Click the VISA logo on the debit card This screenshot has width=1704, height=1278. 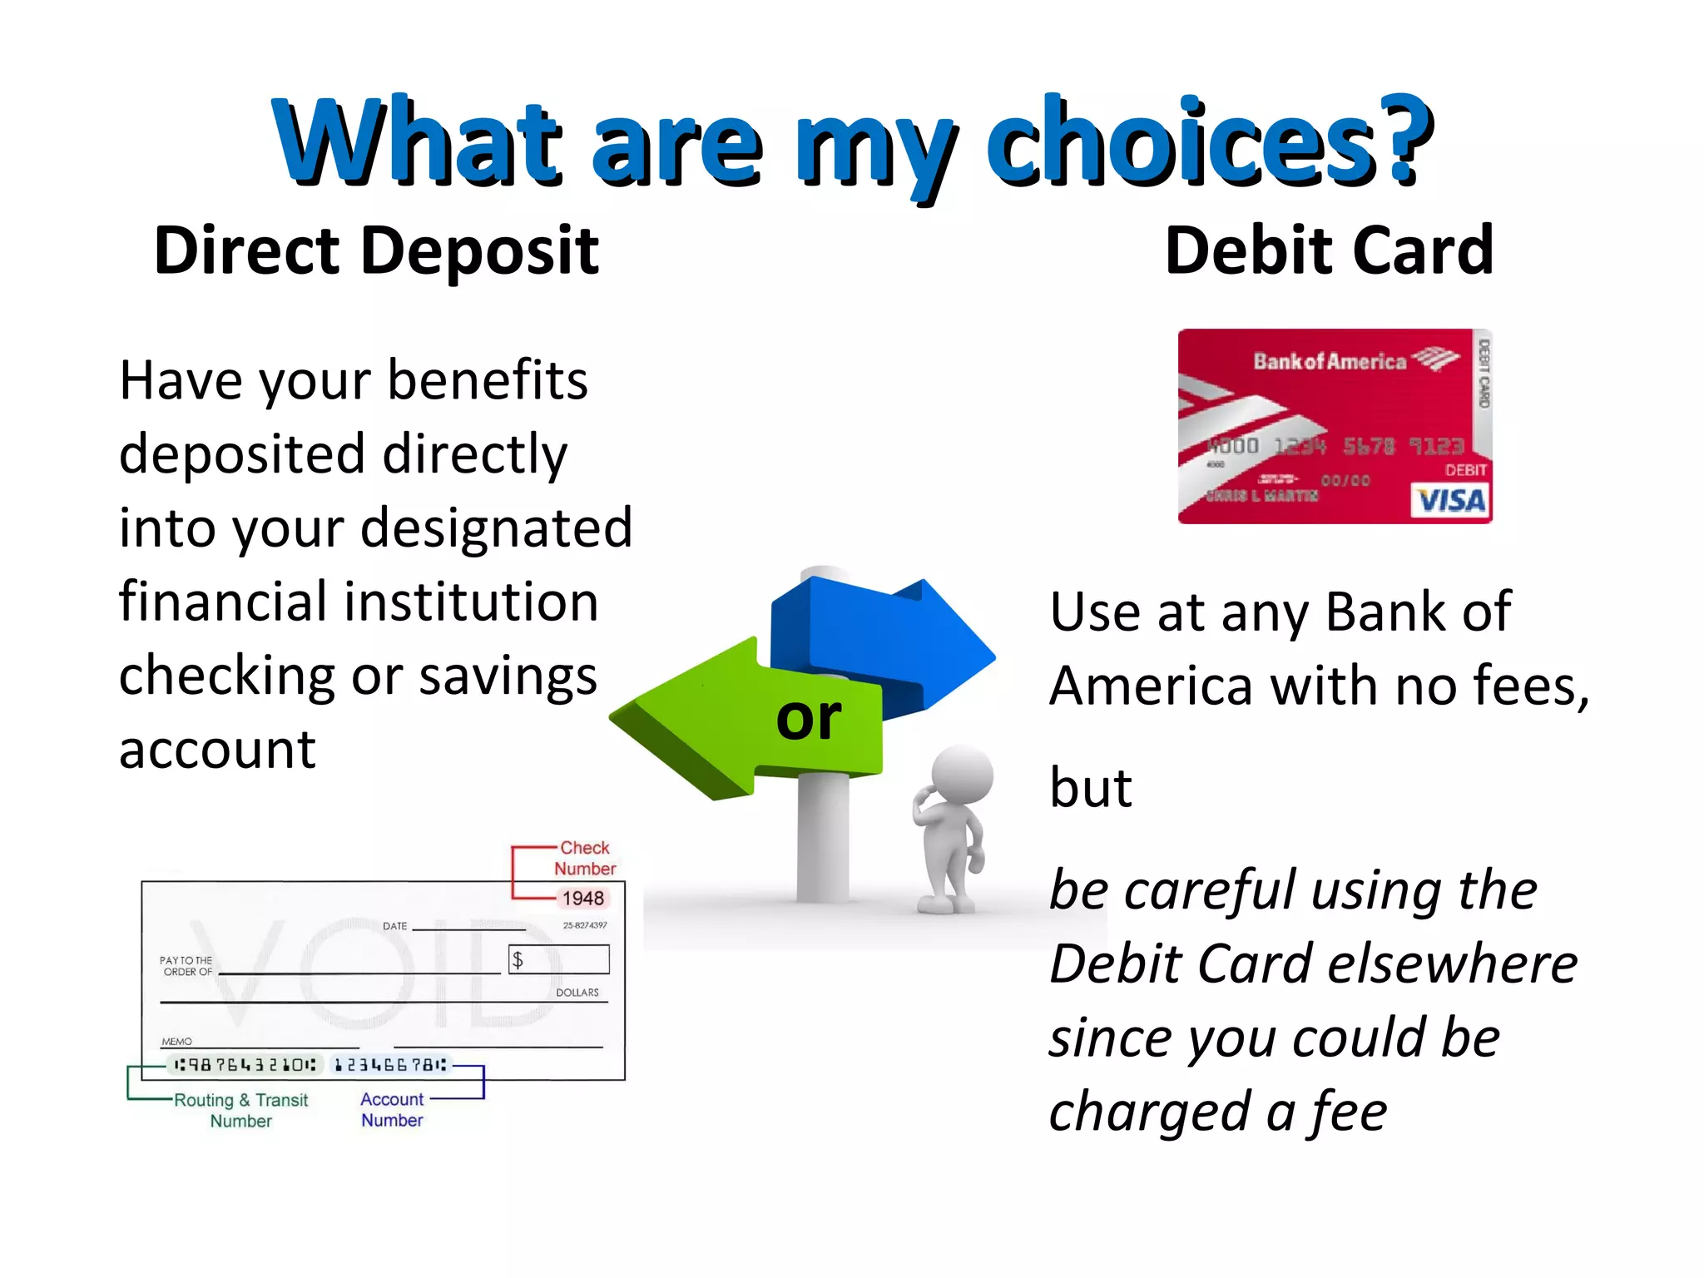click(1450, 501)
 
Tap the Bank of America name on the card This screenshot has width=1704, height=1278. click(1329, 361)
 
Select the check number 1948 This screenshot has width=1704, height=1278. click(582, 899)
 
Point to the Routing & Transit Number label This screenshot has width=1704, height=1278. click(240, 1110)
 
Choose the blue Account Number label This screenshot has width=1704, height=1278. click(392, 1110)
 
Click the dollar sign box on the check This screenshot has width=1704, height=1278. click(559, 959)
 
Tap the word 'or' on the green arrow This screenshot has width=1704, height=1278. click(808, 717)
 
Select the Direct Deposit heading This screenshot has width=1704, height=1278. click(376, 250)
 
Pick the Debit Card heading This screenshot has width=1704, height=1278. click(1329, 250)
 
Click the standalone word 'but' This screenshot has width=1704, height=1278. click(1091, 787)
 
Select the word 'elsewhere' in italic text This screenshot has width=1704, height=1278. click(1453, 964)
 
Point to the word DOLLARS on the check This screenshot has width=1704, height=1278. click(577, 993)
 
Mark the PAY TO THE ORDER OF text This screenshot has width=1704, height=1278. click(187, 966)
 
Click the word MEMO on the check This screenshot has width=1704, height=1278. click(176, 1042)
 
